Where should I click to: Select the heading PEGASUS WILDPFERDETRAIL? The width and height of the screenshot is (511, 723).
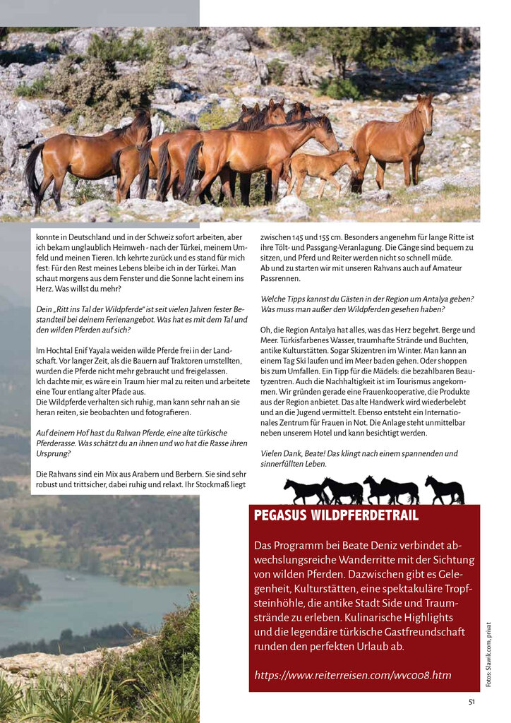pyautogui.click(x=336, y=516)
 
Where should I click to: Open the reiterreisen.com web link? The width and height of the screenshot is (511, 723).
pyautogui.click(x=352, y=676)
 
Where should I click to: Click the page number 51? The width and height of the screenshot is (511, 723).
pyautogui.click(x=471, y=701)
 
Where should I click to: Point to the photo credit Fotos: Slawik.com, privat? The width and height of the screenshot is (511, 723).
pyautogui.click(x=488, y=654)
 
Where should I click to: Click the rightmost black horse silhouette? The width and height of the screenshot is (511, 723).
pyautogui.click(x=444, y=490)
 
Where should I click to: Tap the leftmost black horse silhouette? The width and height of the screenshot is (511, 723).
pyautogui.click(x=303, y=491)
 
